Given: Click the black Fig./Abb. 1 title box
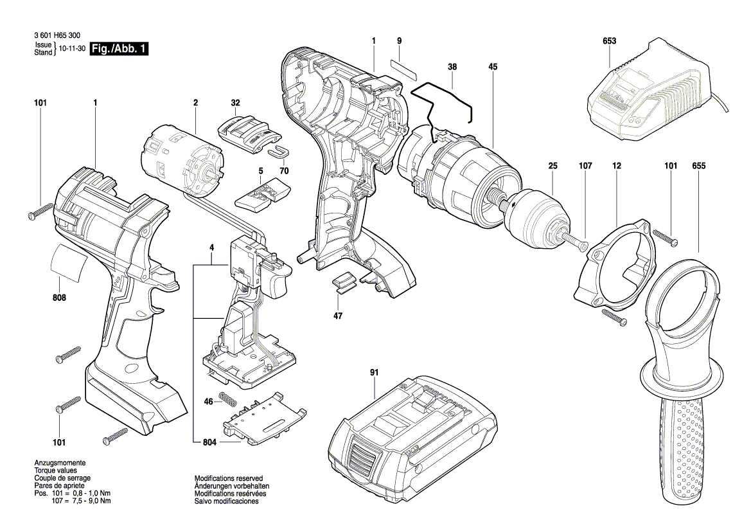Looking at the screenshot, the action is pos(119,48).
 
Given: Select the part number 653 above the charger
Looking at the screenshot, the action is pos(609,40).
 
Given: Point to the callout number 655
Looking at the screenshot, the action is pos(699,166).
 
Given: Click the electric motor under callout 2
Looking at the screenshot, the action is pos(186,161).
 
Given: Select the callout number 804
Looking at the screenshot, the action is pos(209,442).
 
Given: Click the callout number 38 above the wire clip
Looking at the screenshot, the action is pos(453,67).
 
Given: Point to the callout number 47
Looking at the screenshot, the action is pos(338,316).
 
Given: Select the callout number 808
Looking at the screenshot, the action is pos(59,298).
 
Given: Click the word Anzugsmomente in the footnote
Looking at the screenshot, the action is pos(60,463).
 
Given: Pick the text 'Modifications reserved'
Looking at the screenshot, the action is pos(229,478).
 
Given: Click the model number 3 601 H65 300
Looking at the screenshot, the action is pos(57,35).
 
